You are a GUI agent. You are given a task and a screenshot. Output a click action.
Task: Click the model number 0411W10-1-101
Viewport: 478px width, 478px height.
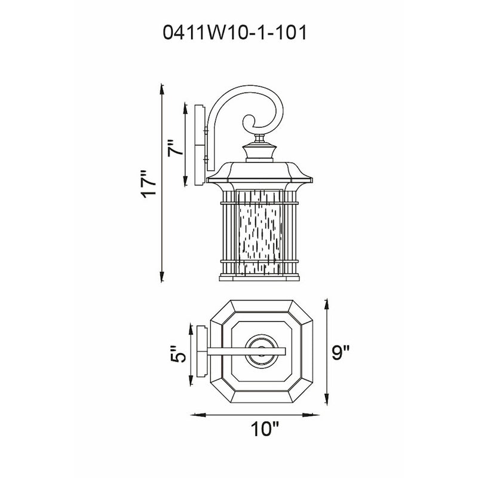coord(235,32)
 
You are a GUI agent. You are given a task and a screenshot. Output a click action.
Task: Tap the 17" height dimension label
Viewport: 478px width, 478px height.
coord(149,184)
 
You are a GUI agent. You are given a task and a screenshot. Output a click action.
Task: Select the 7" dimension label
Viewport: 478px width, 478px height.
coord(176,148)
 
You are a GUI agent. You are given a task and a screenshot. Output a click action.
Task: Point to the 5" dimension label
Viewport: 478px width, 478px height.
coord(177,354)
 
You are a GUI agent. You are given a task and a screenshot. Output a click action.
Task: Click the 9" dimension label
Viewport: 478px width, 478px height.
coord(340,352)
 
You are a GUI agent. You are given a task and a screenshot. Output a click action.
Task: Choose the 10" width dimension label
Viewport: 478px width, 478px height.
coord(265,429)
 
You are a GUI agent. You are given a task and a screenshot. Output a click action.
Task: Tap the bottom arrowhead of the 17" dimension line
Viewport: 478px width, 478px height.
coord(162,276)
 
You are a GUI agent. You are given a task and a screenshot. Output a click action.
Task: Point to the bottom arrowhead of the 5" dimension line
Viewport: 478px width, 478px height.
coord(191,380)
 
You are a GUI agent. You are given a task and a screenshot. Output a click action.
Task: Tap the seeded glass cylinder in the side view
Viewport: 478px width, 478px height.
coord(259,232)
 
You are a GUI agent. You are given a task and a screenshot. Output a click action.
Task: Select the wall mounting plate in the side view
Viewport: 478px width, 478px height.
coord(199,145)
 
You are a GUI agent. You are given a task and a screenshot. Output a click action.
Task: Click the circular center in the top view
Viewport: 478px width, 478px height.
coord(261,351)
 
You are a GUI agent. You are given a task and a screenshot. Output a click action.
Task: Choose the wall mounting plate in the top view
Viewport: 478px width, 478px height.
coord(202,351)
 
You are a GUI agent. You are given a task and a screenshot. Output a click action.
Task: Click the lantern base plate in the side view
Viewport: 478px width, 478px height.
coord(259,278)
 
